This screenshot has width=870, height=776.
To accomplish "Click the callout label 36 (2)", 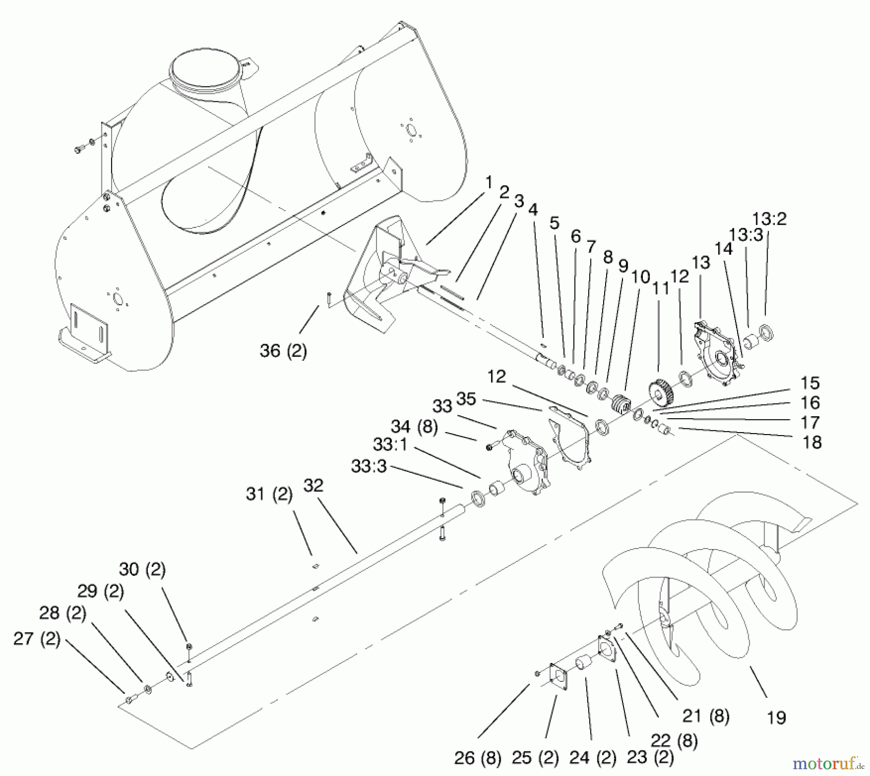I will coord(283,351).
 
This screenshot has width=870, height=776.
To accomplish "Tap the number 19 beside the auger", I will coord(776,718).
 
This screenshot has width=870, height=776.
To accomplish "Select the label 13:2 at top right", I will coord(769,219).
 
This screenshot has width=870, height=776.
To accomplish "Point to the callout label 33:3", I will coord(369,466).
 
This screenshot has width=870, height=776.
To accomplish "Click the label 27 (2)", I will coord(37,639).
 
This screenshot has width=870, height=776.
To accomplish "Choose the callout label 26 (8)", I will coord(478,758).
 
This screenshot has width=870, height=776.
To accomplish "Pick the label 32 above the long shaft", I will coord(313,485).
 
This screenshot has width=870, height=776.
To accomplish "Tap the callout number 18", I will coord(812,442).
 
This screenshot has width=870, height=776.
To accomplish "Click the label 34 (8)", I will coord(414,427).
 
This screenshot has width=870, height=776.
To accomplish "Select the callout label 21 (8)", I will coord(706,716).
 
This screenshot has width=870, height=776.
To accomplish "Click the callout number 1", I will coord(489,183).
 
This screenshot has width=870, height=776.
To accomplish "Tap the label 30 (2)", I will coord(142,570).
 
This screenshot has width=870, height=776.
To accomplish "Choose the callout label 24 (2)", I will coord(593,758).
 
